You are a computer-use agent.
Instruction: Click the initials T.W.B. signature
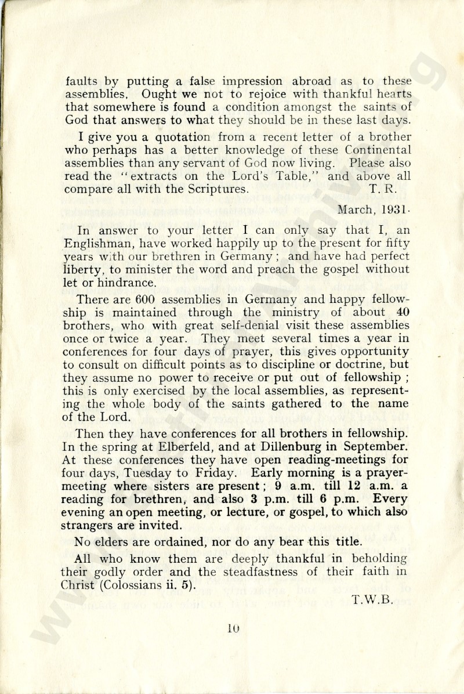[372, 601]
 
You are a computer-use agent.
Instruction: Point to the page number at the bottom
[234, 627]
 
